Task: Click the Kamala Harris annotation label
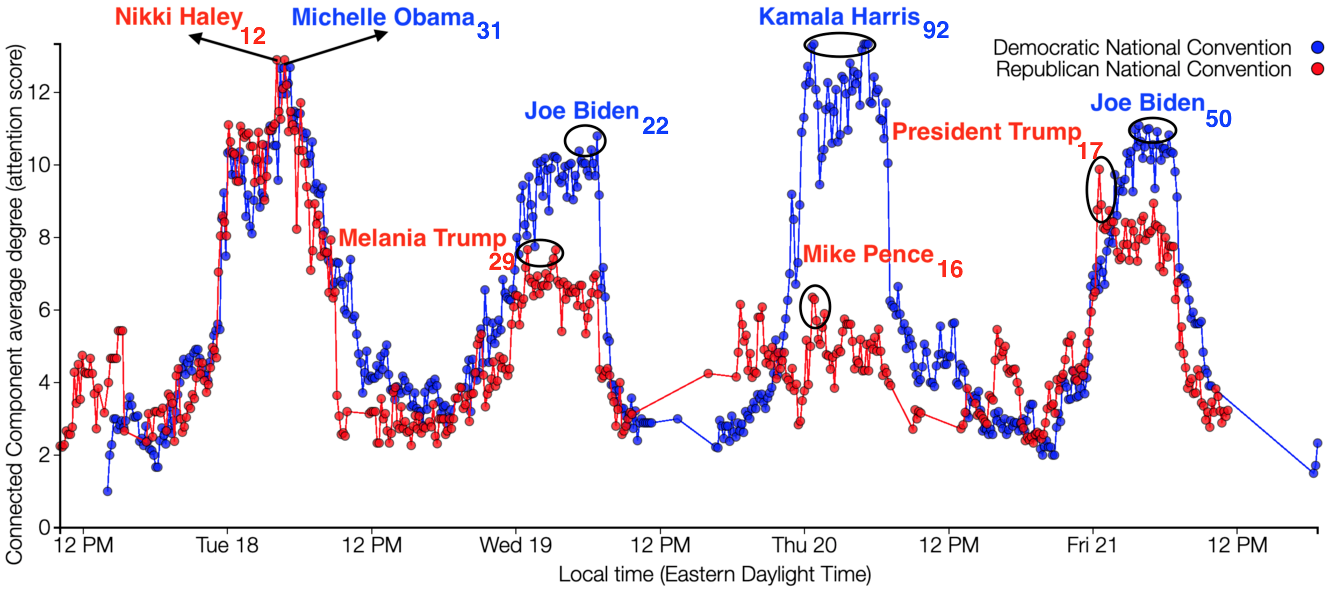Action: click(839, 17)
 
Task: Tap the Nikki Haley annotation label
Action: click(179, 17)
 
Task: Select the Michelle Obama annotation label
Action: click(383, 18)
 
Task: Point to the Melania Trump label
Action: click(422, 238)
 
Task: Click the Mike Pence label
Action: click(868, 254)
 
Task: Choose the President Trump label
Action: click(987, 132)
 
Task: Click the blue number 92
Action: click(936, 30)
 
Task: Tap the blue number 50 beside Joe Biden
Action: click(1218, 119)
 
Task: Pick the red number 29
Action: click(501, 262)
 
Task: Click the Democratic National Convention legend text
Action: click(1142, 48)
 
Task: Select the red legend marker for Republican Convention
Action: click(1317, 69)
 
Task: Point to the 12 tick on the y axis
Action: click(39, 92)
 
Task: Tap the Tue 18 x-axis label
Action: click(227, 545)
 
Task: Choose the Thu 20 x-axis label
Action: click(804, 545)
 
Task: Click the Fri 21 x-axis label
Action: click(1092, 545)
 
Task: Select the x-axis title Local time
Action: click(715, 574)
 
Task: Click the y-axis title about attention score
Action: click(15, 304)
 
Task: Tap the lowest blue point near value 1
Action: click(107, 491)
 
